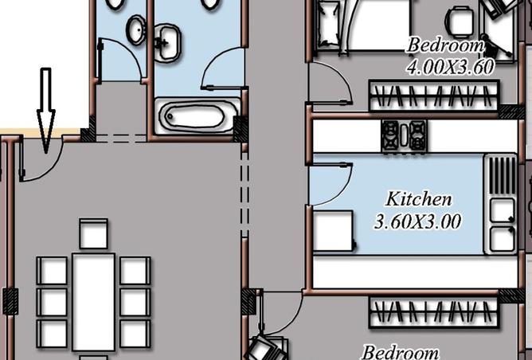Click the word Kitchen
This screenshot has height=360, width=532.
[419, 198]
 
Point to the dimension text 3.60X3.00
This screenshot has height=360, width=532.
[417, 221]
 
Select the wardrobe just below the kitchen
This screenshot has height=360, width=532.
[433, 312]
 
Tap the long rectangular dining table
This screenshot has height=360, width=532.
[94, 301]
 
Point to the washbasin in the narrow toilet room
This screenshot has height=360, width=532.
[135, 31]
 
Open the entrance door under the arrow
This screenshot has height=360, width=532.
[32, 163]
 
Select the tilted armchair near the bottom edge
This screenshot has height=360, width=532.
[267, 347]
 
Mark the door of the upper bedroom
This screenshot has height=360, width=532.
[327, 84]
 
